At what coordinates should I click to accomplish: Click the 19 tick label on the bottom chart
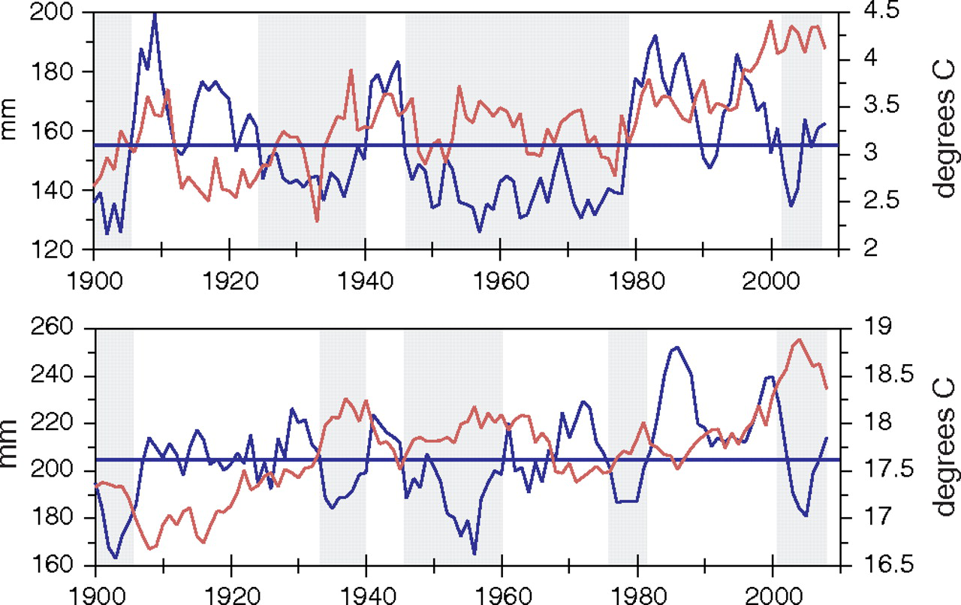(x=860, y=329)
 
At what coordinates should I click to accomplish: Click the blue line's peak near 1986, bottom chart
(x=677, y=348)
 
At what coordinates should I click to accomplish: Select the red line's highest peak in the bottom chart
(x=799, y=339)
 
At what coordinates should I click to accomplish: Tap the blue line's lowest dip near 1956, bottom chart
(x=474, y=554)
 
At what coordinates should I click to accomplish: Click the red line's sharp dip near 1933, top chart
(x=318, y=221)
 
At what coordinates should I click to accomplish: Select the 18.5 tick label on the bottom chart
(x=869, y=375)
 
